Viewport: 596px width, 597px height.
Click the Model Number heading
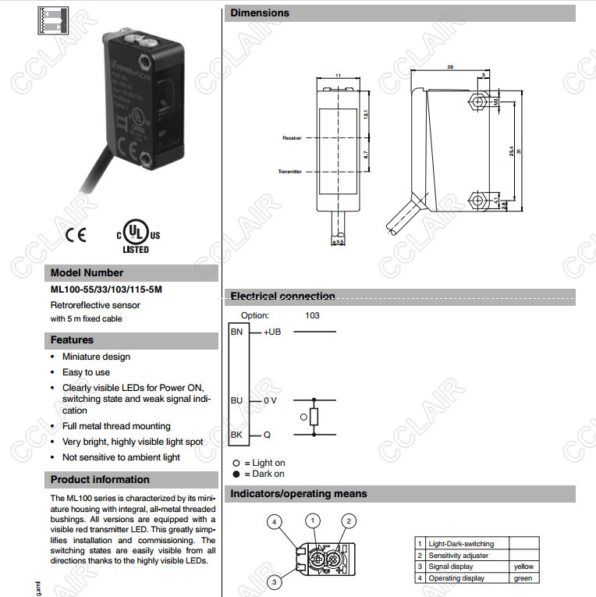87,273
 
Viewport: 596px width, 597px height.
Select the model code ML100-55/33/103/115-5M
106,290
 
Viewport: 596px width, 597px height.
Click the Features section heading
72,340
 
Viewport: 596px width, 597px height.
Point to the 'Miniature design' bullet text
96,357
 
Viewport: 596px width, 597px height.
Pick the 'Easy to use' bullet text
86,372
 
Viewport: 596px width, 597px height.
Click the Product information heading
100,480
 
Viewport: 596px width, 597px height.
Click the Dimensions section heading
260,13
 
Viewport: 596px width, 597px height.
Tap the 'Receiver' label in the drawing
292,137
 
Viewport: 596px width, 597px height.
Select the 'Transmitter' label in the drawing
289,171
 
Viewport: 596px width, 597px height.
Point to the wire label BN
236,332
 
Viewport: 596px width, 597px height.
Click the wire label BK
236,435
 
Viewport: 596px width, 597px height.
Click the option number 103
312,315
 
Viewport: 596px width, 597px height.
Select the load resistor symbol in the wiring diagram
314,417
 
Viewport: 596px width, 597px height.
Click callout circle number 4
273,521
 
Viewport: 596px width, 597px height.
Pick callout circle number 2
349,521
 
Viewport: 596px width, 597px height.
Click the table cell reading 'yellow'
523,567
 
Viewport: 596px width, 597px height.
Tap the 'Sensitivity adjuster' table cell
459,556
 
